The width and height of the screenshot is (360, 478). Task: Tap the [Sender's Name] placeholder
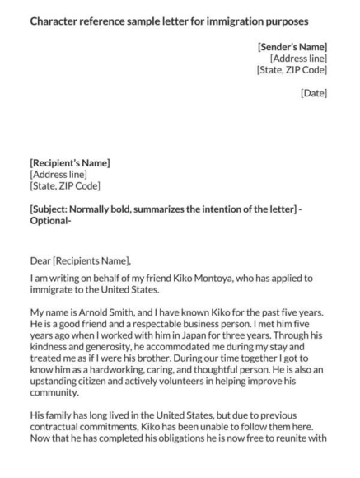(x=292, y=46)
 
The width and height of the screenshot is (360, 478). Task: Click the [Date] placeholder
(x=314, y=93)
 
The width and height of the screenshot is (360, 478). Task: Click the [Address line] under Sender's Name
(x=298, y=58)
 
